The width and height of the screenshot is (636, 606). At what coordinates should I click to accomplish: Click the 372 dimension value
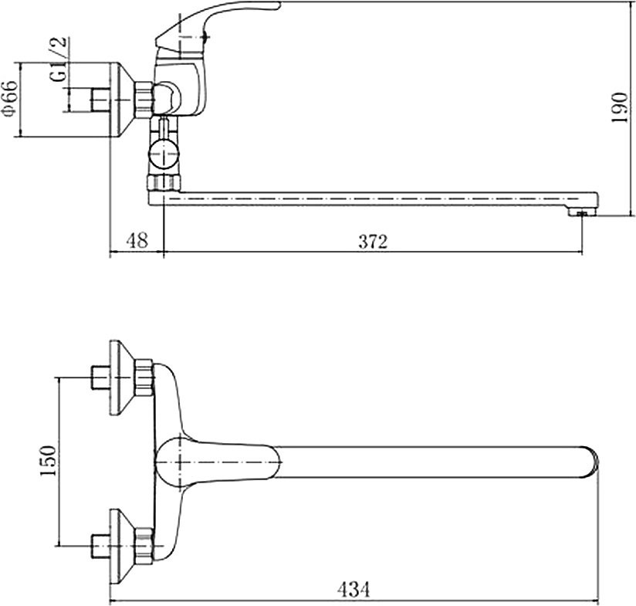[x=373, y=242]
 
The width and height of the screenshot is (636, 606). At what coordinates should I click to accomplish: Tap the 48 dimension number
[x=137, y=241]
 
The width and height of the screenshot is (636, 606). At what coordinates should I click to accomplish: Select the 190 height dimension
[x=620, y=107]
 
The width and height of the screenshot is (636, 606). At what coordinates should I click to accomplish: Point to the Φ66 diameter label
[x=11, y=100]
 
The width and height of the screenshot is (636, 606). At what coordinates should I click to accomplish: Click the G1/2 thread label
[x=59, y=59]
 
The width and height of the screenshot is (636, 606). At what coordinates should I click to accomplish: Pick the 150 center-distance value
[x=48, y=461]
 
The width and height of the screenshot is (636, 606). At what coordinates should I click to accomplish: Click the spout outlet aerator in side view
[x=581, y=212]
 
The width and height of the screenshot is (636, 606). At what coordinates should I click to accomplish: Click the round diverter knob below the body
[x=164, y=154]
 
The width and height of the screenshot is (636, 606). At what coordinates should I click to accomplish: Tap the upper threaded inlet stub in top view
[x=100, y=377]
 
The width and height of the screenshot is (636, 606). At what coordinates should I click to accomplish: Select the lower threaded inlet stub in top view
[x=100, y=547]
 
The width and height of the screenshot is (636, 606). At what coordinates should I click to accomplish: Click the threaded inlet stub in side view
[x=100, y=100]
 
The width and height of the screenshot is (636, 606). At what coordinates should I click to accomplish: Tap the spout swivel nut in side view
[x=164, y=183]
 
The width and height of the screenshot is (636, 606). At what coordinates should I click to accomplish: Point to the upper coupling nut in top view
[x=144, y=377]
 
